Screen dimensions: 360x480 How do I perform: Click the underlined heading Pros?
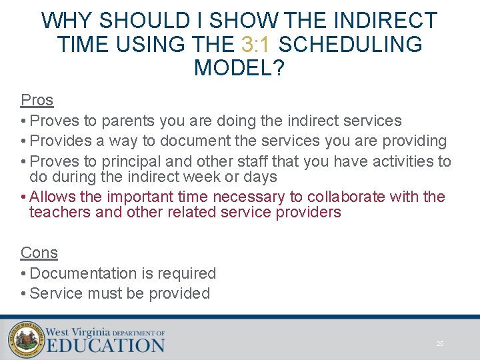[x=37, y=100]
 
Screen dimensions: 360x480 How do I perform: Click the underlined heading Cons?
[x=39, y=253]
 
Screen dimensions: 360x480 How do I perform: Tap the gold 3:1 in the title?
[x=257, y=45]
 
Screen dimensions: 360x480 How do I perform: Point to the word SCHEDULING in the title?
[x=350, y=45]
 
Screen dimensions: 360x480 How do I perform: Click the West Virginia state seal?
[x=26, y=339]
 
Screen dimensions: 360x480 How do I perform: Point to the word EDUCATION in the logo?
[x=105, y=345]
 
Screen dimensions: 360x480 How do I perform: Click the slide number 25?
[x=440, y=343]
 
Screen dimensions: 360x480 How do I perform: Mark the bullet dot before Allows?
[x=24, y=197]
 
